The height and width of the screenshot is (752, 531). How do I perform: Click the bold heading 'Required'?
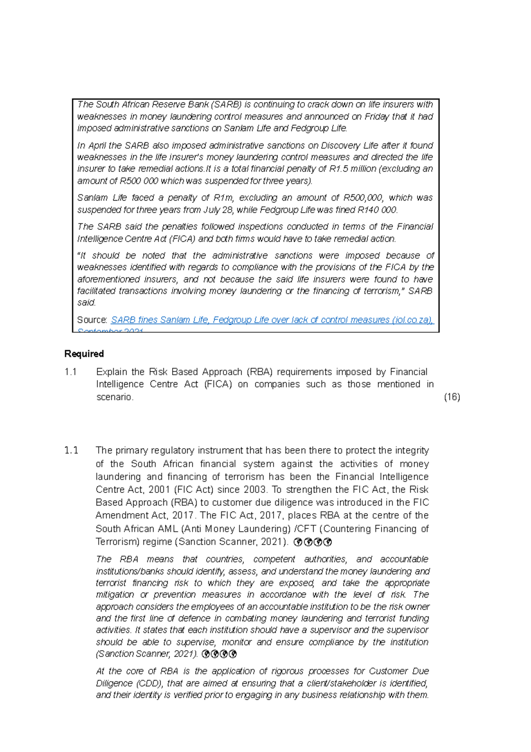click(x=84, y=354)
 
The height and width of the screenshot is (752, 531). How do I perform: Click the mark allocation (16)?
click(x=452, y=397)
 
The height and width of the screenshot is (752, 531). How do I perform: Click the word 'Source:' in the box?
click(x=92, y=320)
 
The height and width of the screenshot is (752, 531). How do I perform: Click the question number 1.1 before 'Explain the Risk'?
click(x=71, y=372)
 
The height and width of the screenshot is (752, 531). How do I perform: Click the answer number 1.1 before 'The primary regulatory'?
click(x=71, y=450)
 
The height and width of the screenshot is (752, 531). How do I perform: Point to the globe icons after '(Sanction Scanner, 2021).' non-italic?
click(x=313, y=542)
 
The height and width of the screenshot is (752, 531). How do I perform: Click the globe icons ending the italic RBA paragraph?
click(x=219, y=654)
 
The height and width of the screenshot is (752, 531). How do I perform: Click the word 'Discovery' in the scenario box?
click(x=341, y=145)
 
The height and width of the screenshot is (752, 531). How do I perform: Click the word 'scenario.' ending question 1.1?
click(x=115, y=397)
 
